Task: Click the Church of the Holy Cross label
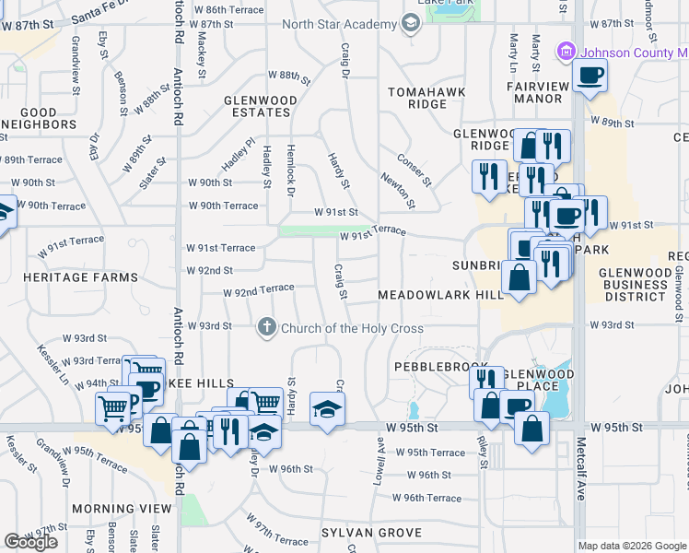point(352,328)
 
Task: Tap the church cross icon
point(267,327)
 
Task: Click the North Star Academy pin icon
point(411,24)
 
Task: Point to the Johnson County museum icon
point(566,52)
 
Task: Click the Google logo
point(30,542)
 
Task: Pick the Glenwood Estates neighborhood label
point(261,106)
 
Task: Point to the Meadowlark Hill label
point(440,295)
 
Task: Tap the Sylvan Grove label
point(371,533)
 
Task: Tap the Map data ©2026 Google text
point(632,546)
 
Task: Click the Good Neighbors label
point(28,118)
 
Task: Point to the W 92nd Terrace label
point(258,291)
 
